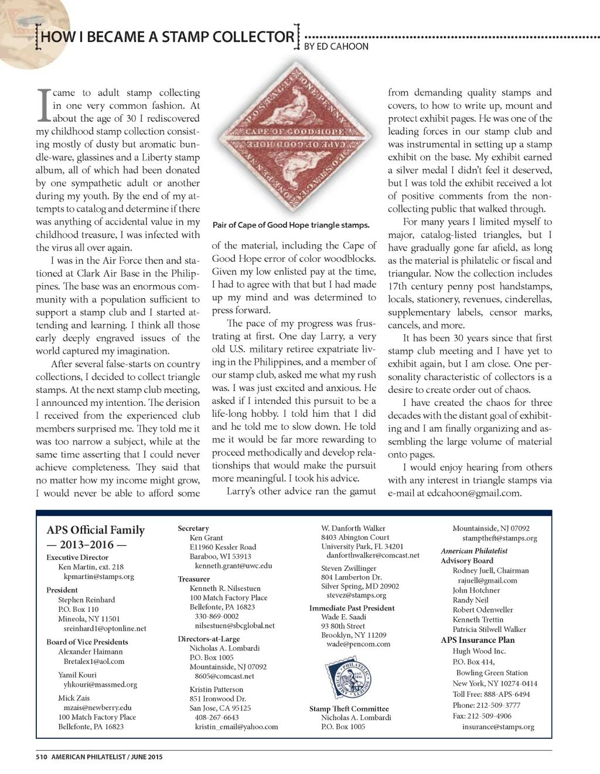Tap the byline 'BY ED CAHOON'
pyautogui.click(x=336, y=46)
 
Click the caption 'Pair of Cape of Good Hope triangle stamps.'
pyautogui.click(x=291, y=225)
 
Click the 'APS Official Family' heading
pyautogui.click(x=96, y=530)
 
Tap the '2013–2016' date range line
pyautogui.click(x=86, y=544)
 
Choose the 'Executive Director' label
pyautogui.click(x=77, y=557)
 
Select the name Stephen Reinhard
pyautogui.click(x=86, y=600)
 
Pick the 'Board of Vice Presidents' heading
pyautogui.click(x=87, y=642)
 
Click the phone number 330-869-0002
pyautogui.click(x=216, y=616)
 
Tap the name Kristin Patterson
pyautogui.click(x=216, y=689)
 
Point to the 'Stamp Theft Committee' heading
pyautogui.click(x=349, y=708)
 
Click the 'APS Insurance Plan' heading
pyautogui.click(x=478, y=640)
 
